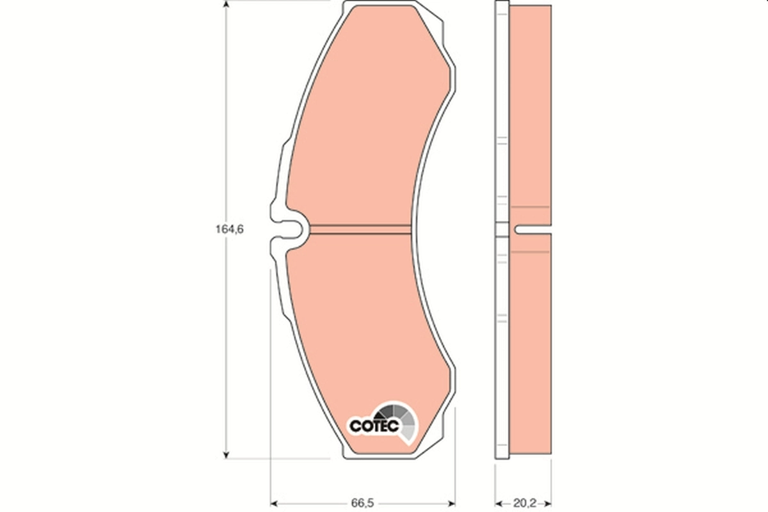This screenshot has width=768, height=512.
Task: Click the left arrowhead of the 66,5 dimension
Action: point(275,502)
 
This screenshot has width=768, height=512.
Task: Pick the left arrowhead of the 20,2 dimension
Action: point(500,502)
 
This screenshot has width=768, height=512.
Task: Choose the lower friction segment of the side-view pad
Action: point(531,346)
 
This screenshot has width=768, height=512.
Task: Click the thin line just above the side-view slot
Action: point(531,207)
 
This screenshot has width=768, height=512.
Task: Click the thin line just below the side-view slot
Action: point(531,252)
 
